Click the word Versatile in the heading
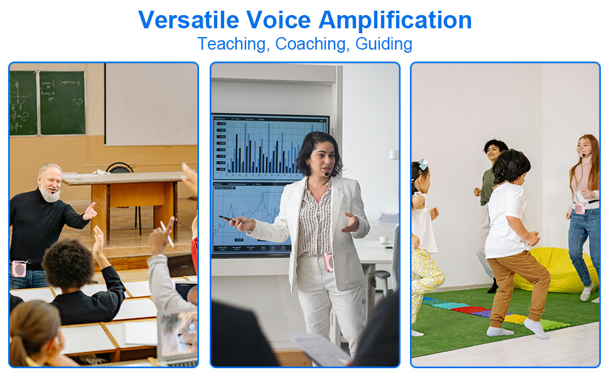pyautogui.click(x=188, y=20)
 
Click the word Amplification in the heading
pyautogui.click(x=395, y=20)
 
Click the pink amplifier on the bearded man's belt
pyautogui.click(x=19, y=268)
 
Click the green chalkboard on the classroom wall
pyautogui.click(x=62, y=102)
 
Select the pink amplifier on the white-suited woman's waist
pyautogui.click(x=329, y=263)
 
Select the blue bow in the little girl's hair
pyautogui.click(x=424, y=164)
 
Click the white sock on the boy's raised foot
pyautogui.click(x=536, y=327)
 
